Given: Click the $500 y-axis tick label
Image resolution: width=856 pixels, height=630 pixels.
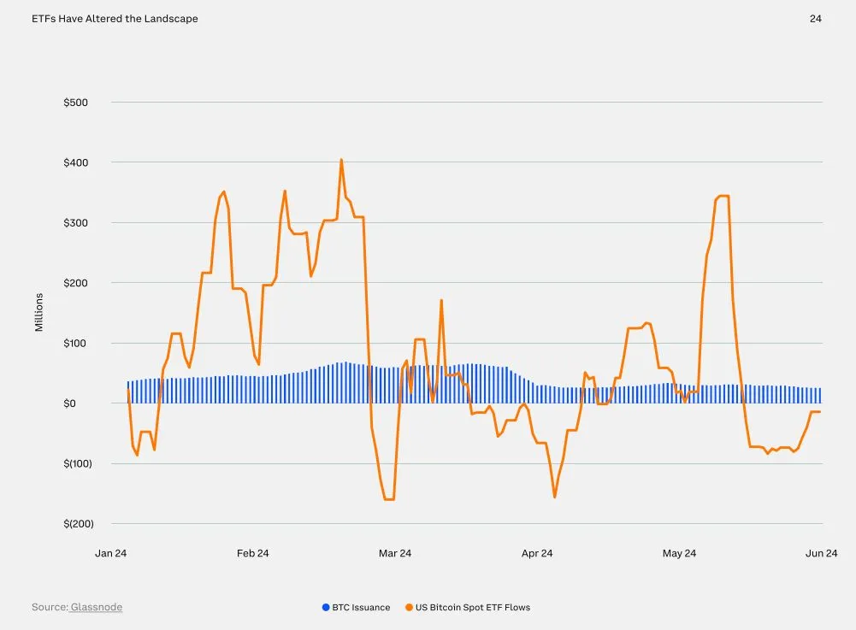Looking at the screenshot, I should point(75,103).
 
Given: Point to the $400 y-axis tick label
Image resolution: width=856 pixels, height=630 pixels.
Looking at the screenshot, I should point(75,162).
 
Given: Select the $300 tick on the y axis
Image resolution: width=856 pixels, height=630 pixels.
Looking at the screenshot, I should point(75,222).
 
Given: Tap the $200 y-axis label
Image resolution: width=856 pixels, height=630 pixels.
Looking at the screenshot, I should point(75,283).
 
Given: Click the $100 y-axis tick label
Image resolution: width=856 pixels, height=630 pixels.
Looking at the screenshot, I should point(75,343).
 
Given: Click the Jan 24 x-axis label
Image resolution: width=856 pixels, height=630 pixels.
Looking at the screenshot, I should point(110,554).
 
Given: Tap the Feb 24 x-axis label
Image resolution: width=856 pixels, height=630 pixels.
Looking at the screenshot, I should point(252,554).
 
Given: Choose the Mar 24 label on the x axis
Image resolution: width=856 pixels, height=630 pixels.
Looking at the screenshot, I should point(394,554).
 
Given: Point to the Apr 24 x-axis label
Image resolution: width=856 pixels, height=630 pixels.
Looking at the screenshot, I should point(536,554).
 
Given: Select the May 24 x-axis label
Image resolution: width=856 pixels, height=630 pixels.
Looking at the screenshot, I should point(679,554).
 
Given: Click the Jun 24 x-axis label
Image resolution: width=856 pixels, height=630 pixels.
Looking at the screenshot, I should point(821,554).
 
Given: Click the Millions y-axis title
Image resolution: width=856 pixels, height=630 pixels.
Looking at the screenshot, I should point(39,313).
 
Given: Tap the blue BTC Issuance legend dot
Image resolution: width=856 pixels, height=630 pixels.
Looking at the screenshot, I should point(326,608).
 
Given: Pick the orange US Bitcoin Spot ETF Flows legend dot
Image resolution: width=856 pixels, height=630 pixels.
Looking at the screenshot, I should point(410,608).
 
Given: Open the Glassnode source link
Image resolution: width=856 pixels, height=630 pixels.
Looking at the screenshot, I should point(96,608).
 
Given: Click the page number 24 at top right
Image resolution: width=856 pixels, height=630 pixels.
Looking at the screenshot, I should point(815,19).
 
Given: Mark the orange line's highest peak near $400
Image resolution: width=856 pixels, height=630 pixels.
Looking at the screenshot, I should point(341,160).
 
